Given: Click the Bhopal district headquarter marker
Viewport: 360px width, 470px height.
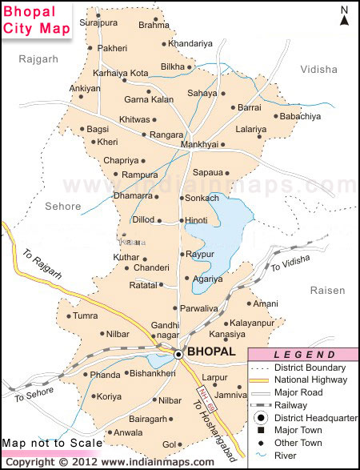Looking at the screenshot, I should point(178,353).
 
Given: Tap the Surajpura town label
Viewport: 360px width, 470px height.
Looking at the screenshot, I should point(104,23).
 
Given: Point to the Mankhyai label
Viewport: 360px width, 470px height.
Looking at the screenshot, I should point(199,145).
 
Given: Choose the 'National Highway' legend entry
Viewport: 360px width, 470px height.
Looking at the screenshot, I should point(309,379).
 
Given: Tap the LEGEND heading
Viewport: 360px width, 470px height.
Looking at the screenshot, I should point(304,355).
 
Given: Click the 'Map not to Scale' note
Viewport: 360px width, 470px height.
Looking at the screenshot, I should point(52,443).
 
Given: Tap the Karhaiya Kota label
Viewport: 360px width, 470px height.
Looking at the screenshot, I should point(121,73).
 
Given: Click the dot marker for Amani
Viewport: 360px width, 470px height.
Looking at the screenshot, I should point(249,304).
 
